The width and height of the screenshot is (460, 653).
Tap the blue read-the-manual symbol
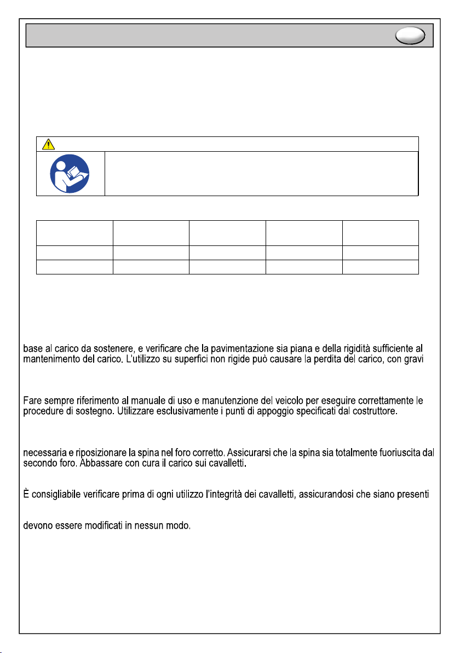point(70,174)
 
